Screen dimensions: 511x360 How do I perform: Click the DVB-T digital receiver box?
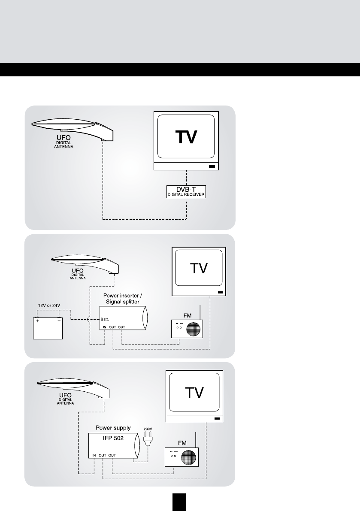pos(186,191)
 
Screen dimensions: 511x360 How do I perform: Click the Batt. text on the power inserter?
pos(106,320)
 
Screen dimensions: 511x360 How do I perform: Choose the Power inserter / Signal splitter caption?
pos(121,299)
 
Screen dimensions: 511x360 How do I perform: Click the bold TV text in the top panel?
pos(187,137)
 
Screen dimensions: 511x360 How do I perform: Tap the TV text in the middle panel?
pos(199,269)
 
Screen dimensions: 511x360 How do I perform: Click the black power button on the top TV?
pos(212,167)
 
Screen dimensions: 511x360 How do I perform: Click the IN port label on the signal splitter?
pos(105,327)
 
